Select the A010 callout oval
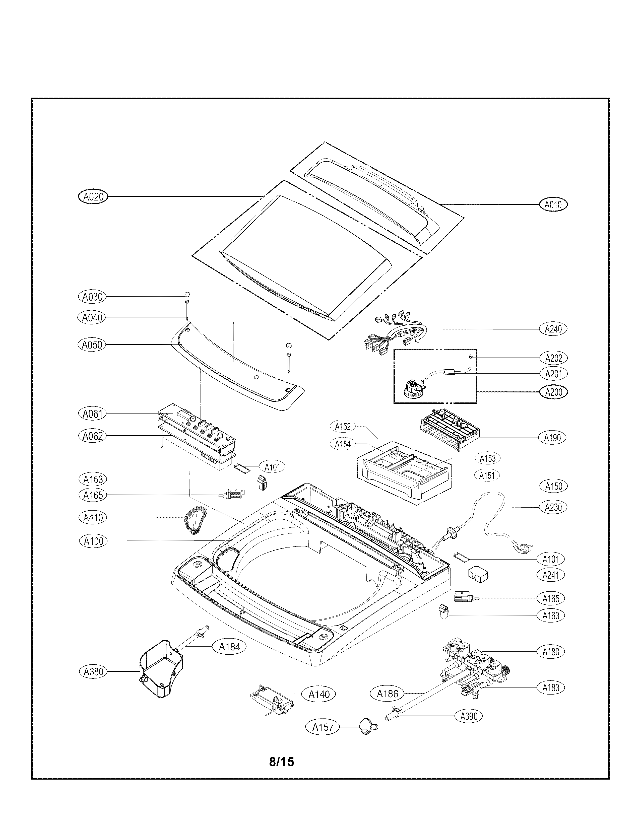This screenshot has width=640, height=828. click(x=553, y=205)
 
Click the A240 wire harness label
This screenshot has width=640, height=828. click(x=553, y=329)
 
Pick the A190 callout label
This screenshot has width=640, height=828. click(x=552, y=438)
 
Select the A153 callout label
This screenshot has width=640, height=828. click(x=487, y=458)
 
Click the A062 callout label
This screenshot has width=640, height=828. click(x=93, y=436)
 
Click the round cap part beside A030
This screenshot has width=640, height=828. click(x=187, y=294)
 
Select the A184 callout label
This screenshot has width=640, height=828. click(x=230, y=647)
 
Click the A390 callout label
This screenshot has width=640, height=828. click(x=469, y=716)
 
